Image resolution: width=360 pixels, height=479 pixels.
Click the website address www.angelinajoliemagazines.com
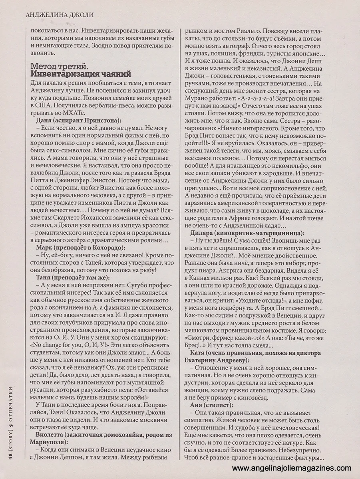(x=291, y=468)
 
